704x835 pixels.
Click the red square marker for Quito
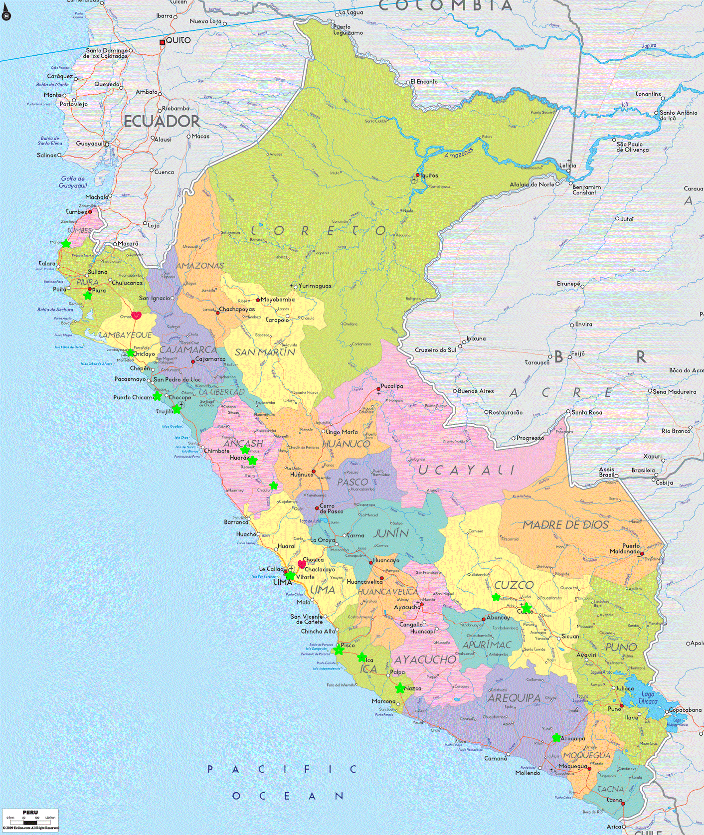click(x=162, y=42)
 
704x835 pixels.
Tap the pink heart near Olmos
click(x=136, y=315)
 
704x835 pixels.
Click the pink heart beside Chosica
click(x=302, y=564)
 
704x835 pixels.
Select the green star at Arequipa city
click(x=556, y=737)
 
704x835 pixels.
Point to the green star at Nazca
click(x=400, y=688)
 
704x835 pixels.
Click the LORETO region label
click(x=319, y=230)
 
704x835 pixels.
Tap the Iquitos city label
click(x=429, y=175)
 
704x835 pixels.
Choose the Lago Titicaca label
click(x=648, y=697)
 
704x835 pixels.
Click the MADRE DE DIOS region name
click(x=565, y=525)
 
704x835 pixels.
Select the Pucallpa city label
click(x=392, y=386)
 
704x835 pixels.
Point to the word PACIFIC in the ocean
click(x=282, y=769)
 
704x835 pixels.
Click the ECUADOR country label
click(x=162, y=121)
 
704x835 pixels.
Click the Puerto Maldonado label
click(x=625, y=548)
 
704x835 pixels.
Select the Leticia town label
click(x=567, y=166)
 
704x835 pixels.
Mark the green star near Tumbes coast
click(x=66, y=243)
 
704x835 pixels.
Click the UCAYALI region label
click(x=466, y=470)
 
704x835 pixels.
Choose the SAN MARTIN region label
click(x=265, y=352)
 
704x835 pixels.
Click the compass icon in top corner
click(x=6, y=15)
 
